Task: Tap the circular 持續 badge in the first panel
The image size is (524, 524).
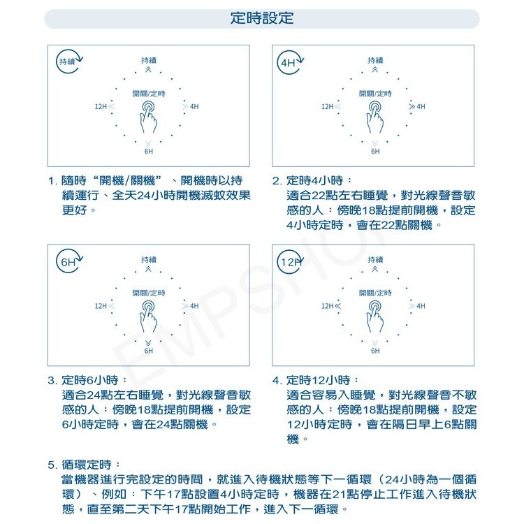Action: pyautogui.click(x=68, y=61)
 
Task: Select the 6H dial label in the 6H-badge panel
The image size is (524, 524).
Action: pyautogui.click(x=149, y=351)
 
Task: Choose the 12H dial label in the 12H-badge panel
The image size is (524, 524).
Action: pyautogui.click(x=327, y=306)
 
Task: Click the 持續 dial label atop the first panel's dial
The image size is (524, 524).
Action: pyautogui.click(x=149, y=61)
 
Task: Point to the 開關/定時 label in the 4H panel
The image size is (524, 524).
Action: pyautogui.click(x=375, y=93)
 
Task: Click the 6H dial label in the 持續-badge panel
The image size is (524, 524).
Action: pyautogui.click(x=149, y=151)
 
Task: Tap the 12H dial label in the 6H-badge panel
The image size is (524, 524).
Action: pyautogui.click(x=100, y=306)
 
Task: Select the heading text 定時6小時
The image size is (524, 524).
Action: pyautogui.click(x=90, y=381)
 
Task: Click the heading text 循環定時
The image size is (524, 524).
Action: pyautogui.click(x=90, y=465)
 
